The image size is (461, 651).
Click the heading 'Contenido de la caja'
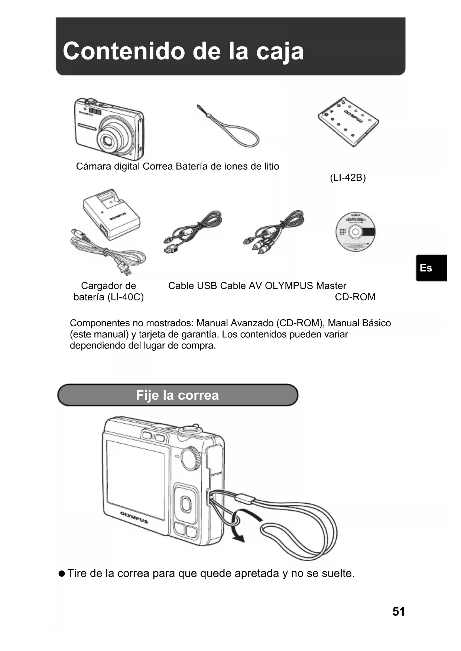[x=183, y=51]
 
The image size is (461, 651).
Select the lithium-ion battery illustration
[x=348, y=122]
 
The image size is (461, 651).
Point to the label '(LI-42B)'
[x=348, y=178]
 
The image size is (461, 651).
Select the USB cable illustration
[x=192, y=231]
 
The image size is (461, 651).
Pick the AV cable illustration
[x=274, y=231]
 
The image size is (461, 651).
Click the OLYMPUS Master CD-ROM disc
[x=355, y=232]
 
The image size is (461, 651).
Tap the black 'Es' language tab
[x=431, y=268]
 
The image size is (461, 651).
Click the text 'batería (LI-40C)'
[x=108, y=297]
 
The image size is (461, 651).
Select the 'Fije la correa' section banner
[x=178, y=395]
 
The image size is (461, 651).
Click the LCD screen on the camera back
[x=136, y=479]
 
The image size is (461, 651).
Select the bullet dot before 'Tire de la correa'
[x=62, y=573]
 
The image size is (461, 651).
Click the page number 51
[x=399, y=611]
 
